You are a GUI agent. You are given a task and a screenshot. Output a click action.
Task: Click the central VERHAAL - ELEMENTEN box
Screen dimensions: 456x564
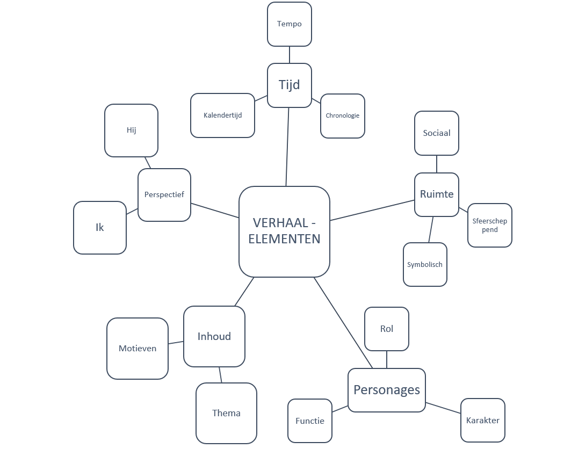click(284, 231)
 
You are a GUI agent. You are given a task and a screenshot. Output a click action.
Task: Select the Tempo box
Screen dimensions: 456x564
click(290, 24)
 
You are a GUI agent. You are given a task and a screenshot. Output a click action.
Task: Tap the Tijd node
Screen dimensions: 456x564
click(290, 85)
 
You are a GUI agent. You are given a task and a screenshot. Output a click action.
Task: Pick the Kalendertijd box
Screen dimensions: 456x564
click(222, 115)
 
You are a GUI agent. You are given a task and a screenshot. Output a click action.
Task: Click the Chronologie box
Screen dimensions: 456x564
click(343, 116)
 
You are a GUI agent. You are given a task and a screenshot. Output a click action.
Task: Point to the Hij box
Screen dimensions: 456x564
click(132, 131)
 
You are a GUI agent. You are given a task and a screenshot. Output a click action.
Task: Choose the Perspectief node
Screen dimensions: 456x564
click(164, 195)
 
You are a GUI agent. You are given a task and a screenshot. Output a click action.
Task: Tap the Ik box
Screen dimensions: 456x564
click(100, 228)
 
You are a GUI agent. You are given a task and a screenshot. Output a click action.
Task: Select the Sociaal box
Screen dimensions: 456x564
click(437, 133)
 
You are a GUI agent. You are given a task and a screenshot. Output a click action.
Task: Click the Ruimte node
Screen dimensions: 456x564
click(437, 194)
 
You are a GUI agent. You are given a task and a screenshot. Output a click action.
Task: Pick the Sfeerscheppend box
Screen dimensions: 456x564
click(490, 226)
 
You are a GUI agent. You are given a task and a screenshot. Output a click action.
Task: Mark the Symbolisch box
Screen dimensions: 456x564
click(425, 265)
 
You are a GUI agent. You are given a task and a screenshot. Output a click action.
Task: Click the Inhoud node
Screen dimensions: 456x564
click(214, 337)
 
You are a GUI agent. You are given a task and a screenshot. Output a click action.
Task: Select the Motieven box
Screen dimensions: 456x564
click(138, 349)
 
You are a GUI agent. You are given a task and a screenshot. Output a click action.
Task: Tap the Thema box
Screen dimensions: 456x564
click(226, 413)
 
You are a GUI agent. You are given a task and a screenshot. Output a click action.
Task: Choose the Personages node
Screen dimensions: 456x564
click(387, 390)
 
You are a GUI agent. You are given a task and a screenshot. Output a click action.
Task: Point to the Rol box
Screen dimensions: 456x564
click(387, 329)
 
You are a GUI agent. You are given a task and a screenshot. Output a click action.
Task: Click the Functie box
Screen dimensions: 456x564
click(310, 421)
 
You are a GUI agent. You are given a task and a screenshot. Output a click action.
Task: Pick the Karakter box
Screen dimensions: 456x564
click(483, 421)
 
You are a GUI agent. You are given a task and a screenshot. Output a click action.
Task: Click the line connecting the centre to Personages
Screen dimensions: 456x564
click(343, 323)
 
